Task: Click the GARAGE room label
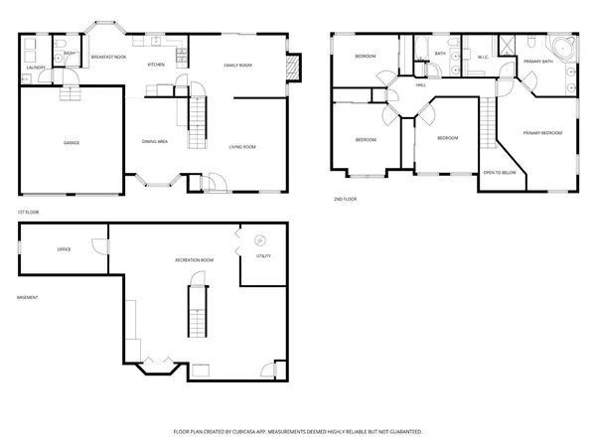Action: tap(72, 143)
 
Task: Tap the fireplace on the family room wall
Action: tap(292, 66)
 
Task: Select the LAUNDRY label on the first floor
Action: tap(35, 68)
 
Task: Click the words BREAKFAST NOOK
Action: tap(107, 58)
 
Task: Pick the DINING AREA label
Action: tap(154, 141)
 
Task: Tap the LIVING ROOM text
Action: tap(242, 147)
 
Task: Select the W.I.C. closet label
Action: tap(484, 58)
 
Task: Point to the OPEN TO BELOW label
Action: tap(499, 172)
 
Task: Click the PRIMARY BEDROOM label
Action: tap(542, 132)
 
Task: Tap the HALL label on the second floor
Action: tap(421, 85)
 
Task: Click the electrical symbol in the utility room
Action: tap(260, 239)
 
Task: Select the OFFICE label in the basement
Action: tap(64, 249)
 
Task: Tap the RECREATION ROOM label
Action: tap(194, 259)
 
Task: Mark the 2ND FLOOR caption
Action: tap(345, 199)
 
